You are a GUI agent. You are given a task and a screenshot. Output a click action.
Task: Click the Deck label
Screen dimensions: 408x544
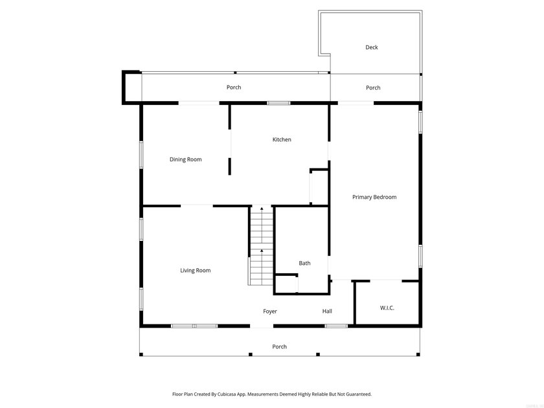point(371,47)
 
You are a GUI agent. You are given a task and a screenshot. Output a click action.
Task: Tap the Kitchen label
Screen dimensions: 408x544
point(282,140)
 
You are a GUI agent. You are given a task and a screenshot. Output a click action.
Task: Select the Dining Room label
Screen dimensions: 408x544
point(186,159)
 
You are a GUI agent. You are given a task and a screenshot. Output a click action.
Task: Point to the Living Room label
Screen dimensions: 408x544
point(195,271)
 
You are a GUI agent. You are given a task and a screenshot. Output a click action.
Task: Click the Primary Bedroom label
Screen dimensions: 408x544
point(374,197)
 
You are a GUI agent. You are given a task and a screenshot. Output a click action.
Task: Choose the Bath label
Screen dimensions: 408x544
point(304,264)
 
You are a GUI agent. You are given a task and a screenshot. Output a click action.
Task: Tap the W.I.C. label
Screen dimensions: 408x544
point(387,308)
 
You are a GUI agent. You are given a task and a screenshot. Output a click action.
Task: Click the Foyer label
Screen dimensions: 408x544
point(270,312)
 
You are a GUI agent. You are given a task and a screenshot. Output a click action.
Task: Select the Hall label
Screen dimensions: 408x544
point(327,312)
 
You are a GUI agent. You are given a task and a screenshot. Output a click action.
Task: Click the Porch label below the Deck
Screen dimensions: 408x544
point(373,88)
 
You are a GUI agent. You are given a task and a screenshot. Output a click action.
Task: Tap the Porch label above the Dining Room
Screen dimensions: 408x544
point(234,87)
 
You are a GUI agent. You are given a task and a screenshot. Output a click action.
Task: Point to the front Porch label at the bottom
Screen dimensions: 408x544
point(279,347)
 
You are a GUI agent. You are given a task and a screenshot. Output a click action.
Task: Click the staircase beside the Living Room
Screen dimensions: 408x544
point(261,246)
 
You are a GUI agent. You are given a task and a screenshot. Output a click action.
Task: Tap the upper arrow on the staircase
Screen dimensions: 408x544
point(262,210)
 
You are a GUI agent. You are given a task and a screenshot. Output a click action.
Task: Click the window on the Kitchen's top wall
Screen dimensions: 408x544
point(278,103)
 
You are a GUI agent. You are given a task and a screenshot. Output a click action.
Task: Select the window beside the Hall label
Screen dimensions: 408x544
point(335,325)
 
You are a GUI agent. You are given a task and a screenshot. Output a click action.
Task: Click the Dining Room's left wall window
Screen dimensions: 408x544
point(141,155)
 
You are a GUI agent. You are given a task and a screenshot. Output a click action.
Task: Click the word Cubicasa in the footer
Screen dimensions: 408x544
point(240,394)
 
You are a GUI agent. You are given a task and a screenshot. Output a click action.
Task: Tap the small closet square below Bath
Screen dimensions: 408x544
point(286,284)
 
